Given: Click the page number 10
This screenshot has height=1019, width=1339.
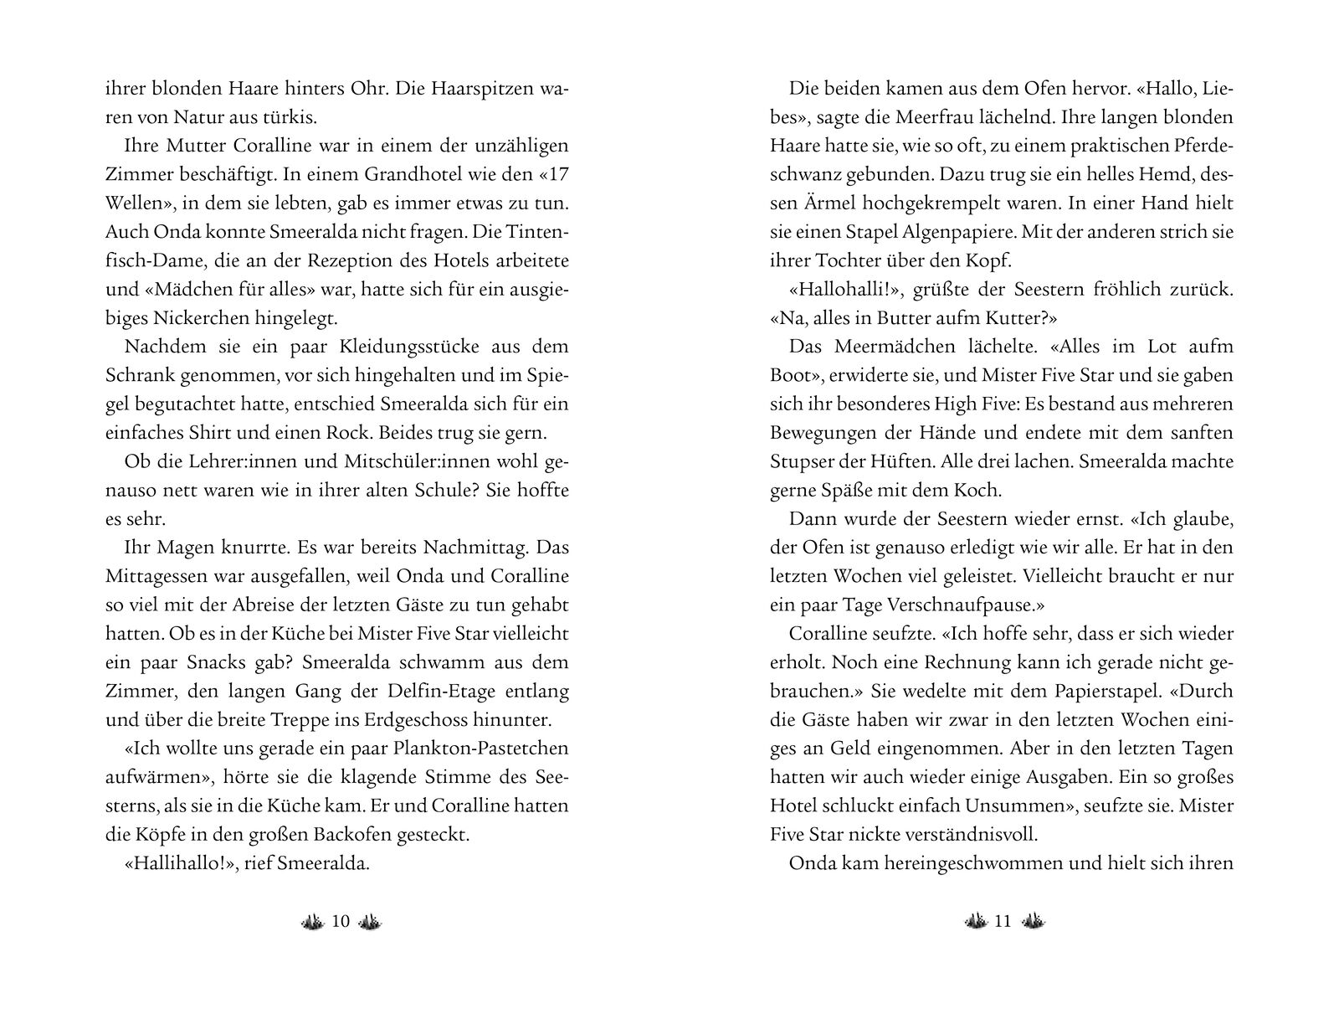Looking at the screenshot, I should pos(341,922).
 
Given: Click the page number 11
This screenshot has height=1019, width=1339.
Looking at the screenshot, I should pos(1003,922).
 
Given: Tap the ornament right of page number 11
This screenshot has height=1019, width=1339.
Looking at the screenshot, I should pos(1033,922).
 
